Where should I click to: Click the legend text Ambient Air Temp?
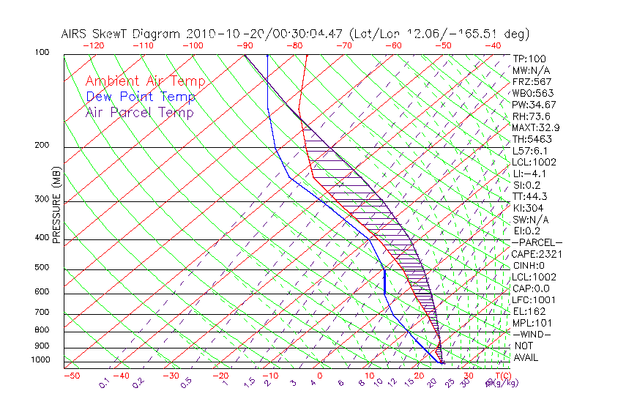(145, 81)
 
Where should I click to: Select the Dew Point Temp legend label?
(141, 97)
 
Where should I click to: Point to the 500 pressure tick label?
(42, 268)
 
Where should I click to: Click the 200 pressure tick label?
(42, 146)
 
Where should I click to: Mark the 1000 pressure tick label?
(40, 360)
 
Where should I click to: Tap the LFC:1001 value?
(534, 300)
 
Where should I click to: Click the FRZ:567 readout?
(532, 81)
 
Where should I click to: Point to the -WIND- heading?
(532, 334)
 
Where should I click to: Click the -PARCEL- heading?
(537, 242)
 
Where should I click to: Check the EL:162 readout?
(530, 311)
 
